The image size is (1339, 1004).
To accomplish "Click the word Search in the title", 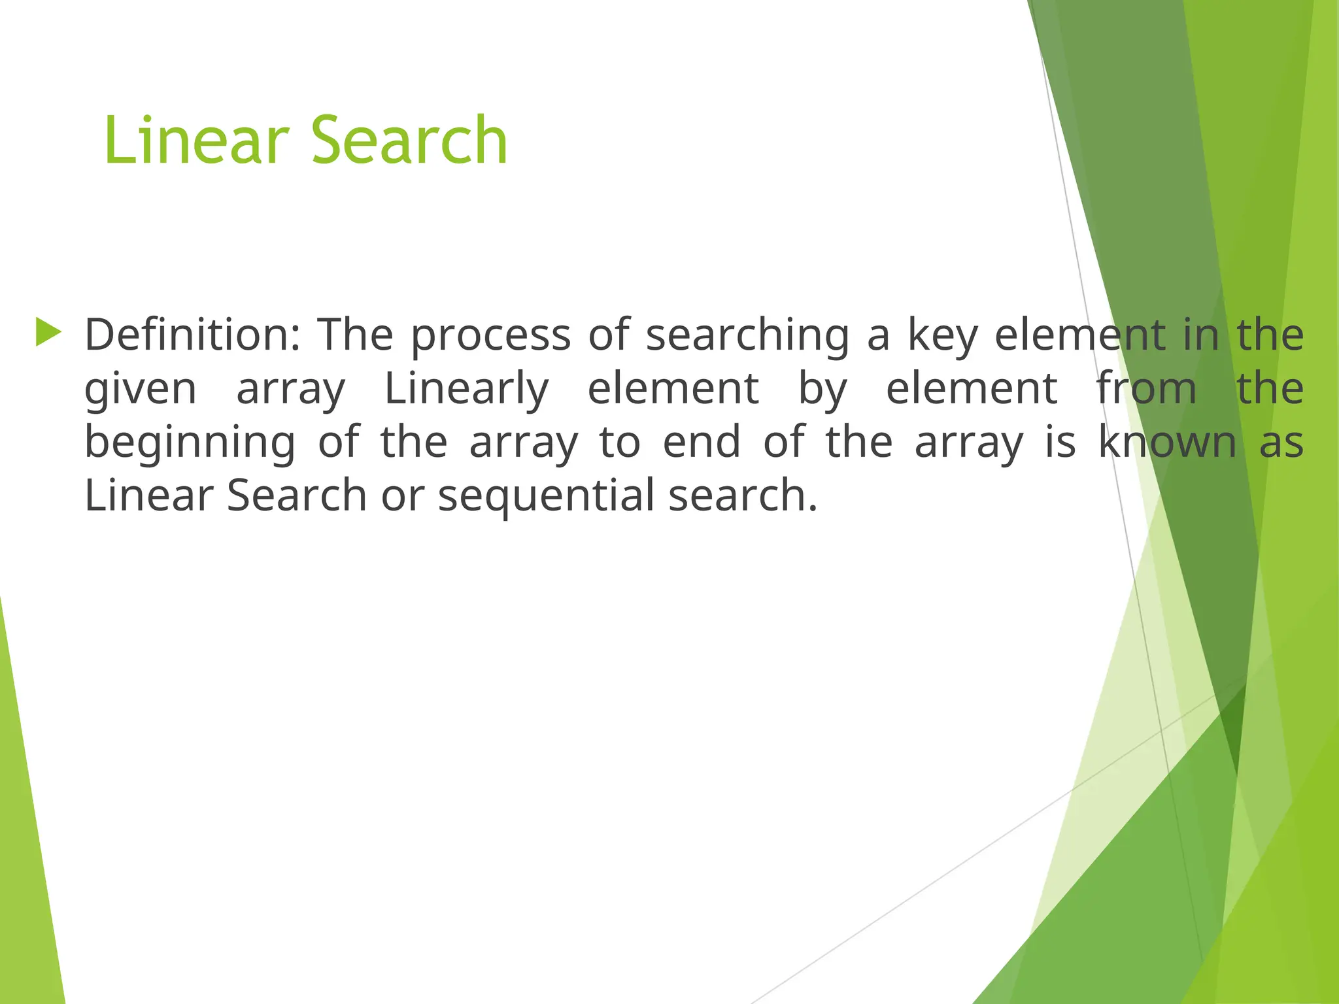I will (409, 140).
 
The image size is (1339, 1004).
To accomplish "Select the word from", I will (1146, 388).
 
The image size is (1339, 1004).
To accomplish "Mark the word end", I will (702, 442).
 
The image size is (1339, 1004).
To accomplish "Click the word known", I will (1167, 442).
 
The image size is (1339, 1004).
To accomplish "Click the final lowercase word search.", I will (743, 495).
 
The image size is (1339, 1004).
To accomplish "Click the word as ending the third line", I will (1281, 443).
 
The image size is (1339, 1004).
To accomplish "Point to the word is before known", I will (1060, 442).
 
